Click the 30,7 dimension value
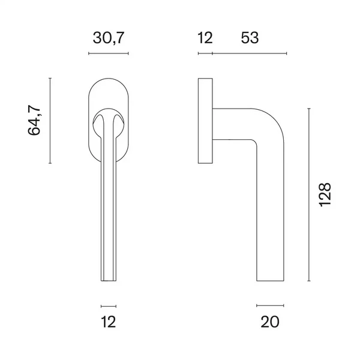(109, 38)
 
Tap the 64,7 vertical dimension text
(34, 120)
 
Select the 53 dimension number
(250, 38)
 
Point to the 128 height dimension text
(325, 194)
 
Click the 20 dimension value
(270, 322)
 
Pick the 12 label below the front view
(109, 322)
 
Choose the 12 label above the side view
(205, 38)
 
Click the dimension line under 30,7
(109, 53)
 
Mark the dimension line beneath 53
(250, 53)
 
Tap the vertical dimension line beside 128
(309, 194)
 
